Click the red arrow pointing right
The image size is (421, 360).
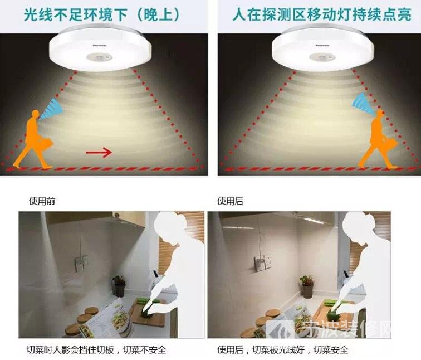(x=99, y=153)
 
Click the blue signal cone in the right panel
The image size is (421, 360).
(x=363, y=103)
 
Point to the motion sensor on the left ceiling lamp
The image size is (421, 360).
(x=99, y=57)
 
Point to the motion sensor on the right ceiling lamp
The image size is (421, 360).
(x=322, y=57)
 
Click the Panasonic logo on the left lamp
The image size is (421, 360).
(x=100, y=46)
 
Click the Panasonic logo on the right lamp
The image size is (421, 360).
(x=322, y=45)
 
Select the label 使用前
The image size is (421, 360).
(x=42, y=201)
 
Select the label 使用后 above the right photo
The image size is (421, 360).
(x=231, y=201)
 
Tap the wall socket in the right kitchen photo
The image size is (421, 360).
(x=263, y=262)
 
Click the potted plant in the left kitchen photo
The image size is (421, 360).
(x=119, y=286)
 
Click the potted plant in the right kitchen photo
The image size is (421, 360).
(x=307, y=286)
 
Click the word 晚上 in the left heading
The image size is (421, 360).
(x=158, y=15)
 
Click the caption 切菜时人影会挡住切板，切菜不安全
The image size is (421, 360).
(x=97, y=350)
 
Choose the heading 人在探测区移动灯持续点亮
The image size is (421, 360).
(x=321, y=14)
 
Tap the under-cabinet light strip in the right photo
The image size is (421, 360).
(x=314, y=221)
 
